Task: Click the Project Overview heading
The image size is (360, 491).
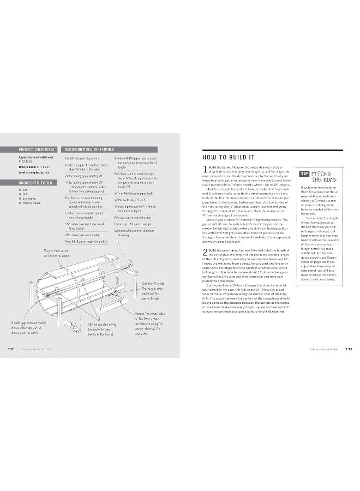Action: [37, 149]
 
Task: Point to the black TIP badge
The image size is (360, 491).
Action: [304, 173]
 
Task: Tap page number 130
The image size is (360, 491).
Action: [11, 349]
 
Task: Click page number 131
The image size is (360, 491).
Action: [350, 349]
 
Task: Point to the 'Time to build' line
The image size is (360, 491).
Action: [33, 166]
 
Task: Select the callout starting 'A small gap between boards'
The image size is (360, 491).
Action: [25, 327]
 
